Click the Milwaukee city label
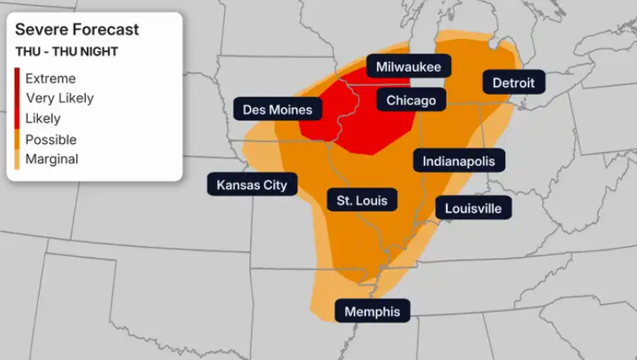click(x=408, y=66)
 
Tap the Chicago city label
click(x=411, y=100)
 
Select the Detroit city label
click(x=513, y=83)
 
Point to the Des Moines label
click(x=278, y=109)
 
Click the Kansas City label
click(x=252, y=184)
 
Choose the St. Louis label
click(x=361, y=200)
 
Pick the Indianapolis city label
click(x=458, y=161)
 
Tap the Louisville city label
click(x=474, y=209)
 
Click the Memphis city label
click(x=372, y=311)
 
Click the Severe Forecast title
click(x=77, y=30)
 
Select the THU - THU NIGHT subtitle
click(x=66, y=52)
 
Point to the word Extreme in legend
click(x=50, y=78)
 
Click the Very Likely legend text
click(x=59, y=98)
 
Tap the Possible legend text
click(x=51, y=139)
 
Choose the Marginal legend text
click(x=52, y=159)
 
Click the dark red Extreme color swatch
click(x=16, y=78)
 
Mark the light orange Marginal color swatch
click(x=16, y=159)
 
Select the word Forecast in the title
click(x=108, y=30)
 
